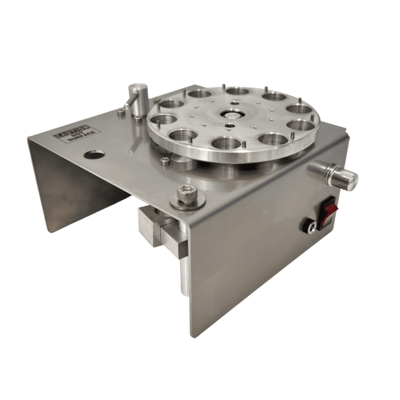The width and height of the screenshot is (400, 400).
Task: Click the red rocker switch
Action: pos(328,212)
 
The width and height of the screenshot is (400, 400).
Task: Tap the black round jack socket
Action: pos(311,227)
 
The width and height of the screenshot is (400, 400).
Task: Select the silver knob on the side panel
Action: pos(334,176)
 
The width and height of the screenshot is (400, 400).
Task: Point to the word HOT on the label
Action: pos(76,135)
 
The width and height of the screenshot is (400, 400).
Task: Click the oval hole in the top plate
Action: pos(94,154)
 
